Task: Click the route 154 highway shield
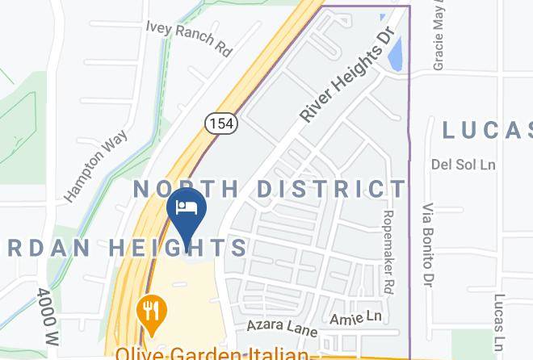[x=220, y=123]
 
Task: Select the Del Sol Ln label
[x=463, y=164]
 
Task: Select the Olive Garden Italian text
[x=212, y=353]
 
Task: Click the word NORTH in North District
[x=186, y=189]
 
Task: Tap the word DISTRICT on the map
[x=332, y=189]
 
